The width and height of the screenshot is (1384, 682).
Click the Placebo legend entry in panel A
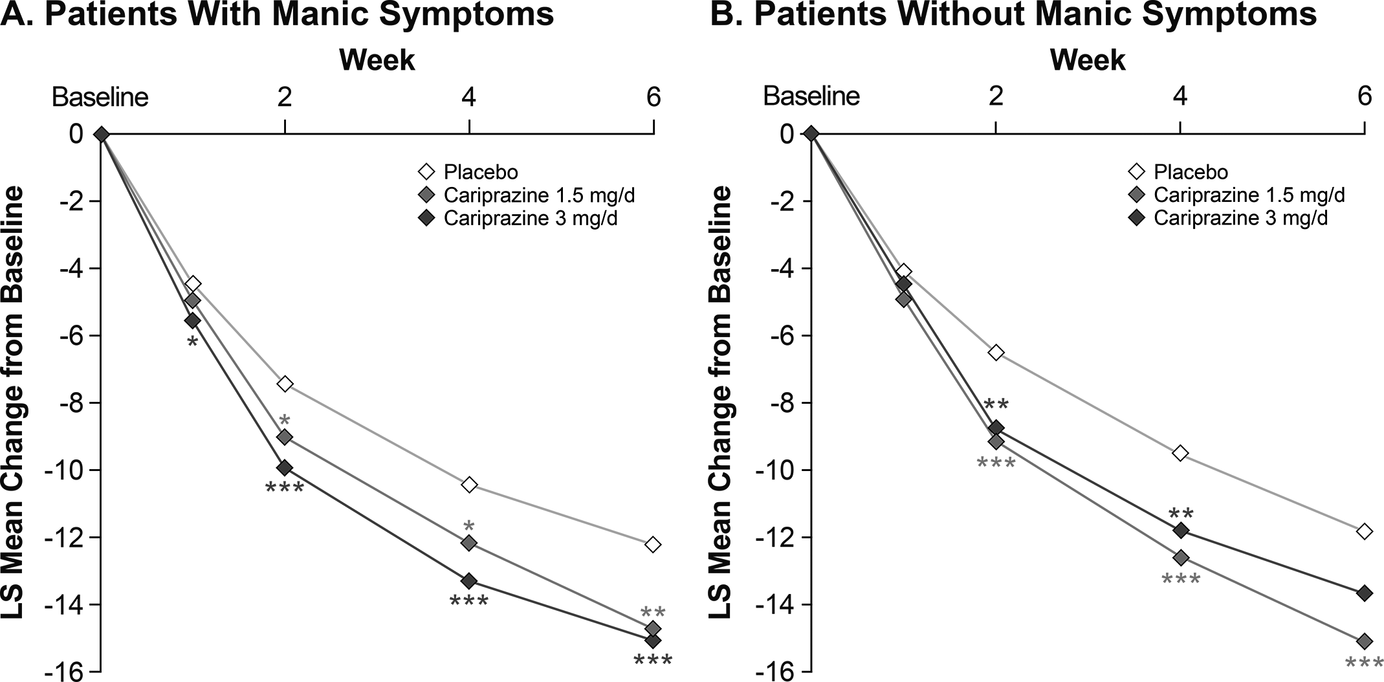coord(481,172)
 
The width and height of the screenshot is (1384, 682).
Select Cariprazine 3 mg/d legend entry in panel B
coord(1240,218)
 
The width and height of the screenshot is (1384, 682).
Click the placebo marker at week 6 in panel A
coord(653,544)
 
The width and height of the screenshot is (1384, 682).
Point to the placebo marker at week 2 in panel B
coord(996,353)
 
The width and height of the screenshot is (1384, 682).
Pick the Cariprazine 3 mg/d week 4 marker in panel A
coord(469,580)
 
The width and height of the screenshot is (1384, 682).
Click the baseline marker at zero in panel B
coord(811,134)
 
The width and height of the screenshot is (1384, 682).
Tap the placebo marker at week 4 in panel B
coord(1180,453)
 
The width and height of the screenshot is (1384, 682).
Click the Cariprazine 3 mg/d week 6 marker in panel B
coord(1364,593)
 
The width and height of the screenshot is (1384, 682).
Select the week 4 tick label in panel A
coord(468,97)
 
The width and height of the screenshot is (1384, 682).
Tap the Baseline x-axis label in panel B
coord(811,97)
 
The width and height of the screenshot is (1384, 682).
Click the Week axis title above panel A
coord(377,60)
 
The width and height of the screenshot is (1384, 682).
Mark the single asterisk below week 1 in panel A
coord(192,342)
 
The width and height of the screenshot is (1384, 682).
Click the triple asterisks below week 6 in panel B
coord(1364,663)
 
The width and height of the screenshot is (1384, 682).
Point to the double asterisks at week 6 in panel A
coord(652,612)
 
